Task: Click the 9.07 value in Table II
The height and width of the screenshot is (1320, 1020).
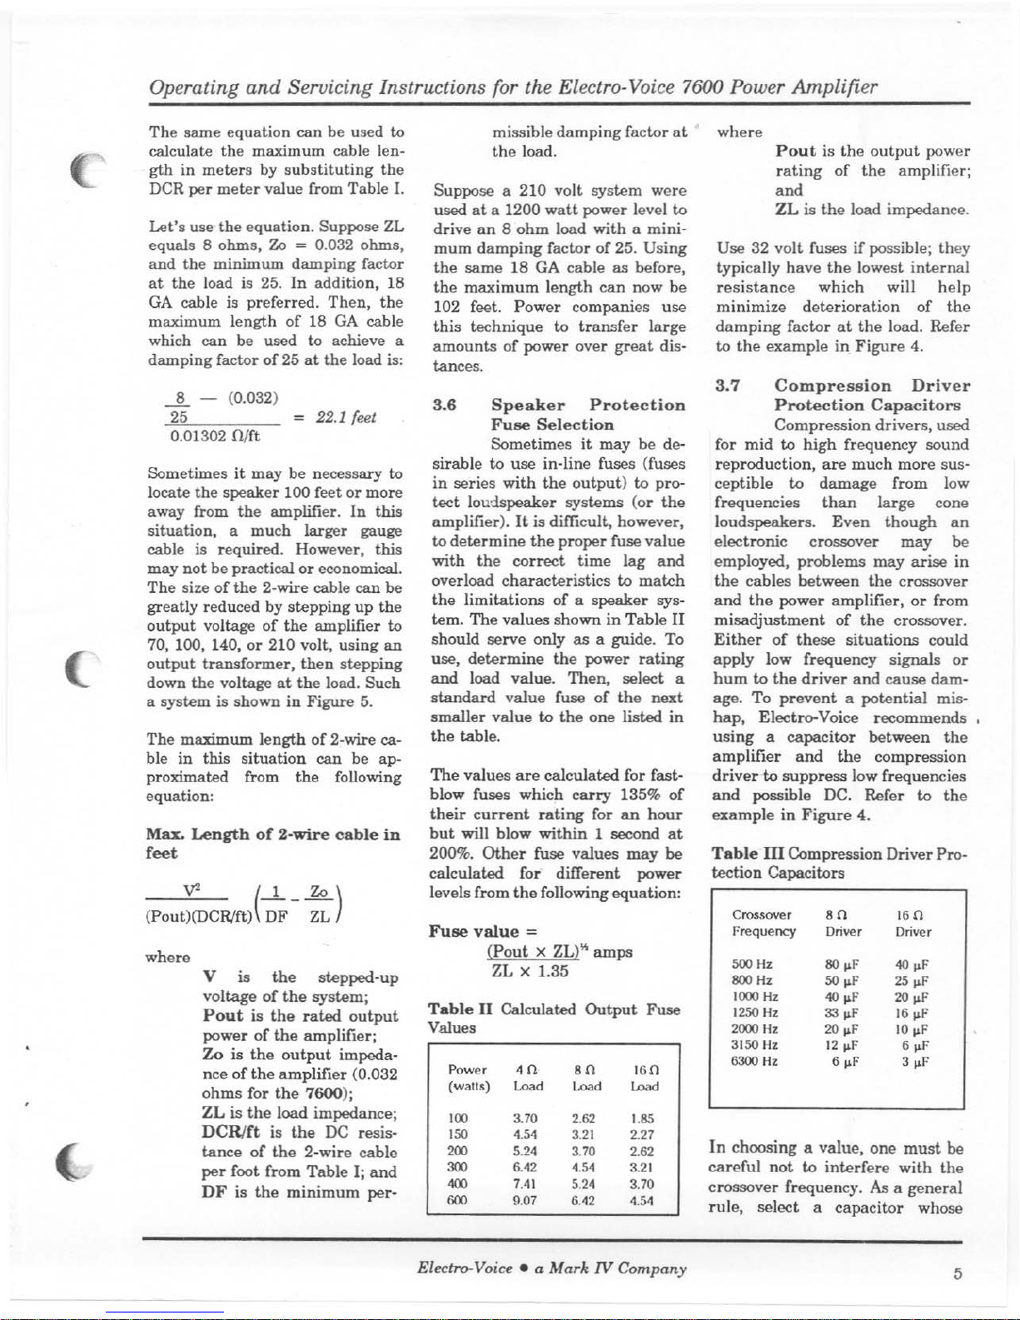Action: click(525, 1201)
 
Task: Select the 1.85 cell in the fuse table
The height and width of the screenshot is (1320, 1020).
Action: click(642, 1119)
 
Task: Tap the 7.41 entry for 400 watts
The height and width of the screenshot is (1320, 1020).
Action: click(525, 1183)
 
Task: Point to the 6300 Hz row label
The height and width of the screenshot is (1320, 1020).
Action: click(754, 1062)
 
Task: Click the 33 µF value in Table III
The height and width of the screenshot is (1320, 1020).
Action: click(838, 1014)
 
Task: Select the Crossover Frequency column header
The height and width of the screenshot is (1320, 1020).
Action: click(763, 923)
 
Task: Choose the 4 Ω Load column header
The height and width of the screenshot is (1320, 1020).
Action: click(528, 1078)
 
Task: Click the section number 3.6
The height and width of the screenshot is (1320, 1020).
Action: click(444, 405)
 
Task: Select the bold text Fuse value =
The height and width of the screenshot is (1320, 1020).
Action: click(474, 931)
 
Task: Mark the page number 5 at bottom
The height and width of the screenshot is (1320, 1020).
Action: click(958, 1274)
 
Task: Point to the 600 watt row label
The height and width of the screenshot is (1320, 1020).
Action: click(458, 1201)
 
